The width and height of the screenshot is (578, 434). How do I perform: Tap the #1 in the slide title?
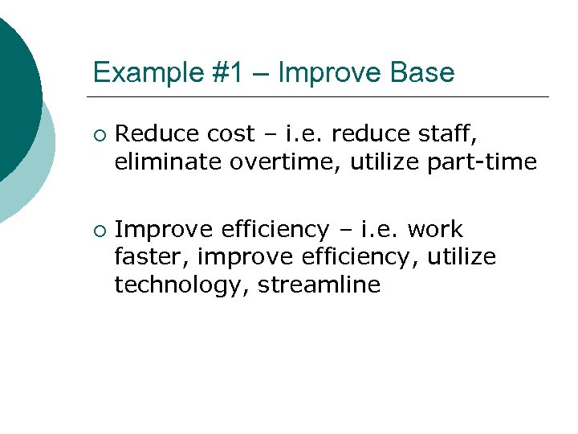(x=226, y=73)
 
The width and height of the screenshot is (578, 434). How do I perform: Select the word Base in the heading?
(x=423, y=73)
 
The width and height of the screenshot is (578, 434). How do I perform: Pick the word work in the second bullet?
(x=435, y=230)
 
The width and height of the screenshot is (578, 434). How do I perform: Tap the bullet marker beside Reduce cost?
(x=98, y=134)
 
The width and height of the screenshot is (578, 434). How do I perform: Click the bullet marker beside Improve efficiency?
(x=98, y=231)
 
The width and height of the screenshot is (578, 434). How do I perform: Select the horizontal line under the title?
(x=321, y=97)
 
